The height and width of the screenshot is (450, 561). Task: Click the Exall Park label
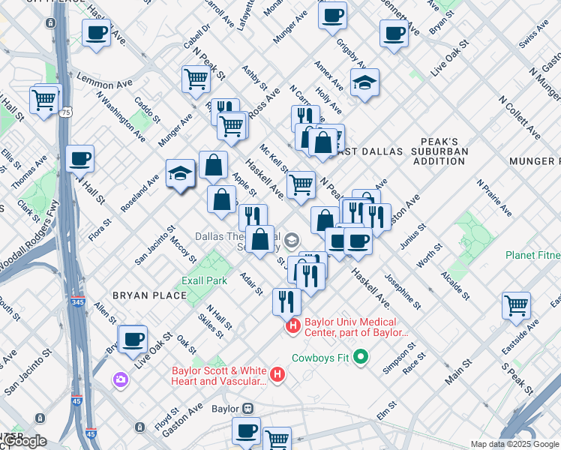204,280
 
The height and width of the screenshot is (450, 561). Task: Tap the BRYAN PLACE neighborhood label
149,295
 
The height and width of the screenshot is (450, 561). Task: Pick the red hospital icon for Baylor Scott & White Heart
277,374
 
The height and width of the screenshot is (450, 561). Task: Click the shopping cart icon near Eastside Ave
516,305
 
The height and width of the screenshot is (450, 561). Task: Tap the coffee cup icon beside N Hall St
79,159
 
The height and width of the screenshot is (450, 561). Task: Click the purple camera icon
121,380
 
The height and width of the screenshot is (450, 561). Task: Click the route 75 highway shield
67,112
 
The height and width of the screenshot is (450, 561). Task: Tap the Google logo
24,441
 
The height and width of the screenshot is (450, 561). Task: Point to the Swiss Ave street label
533,38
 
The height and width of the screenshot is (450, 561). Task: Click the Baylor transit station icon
247,409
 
